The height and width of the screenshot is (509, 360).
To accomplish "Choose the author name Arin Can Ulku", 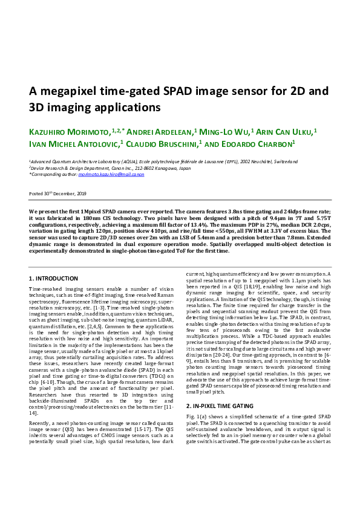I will click(x=286, y=131).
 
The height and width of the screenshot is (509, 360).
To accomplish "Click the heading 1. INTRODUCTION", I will click(x=53, y=278).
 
